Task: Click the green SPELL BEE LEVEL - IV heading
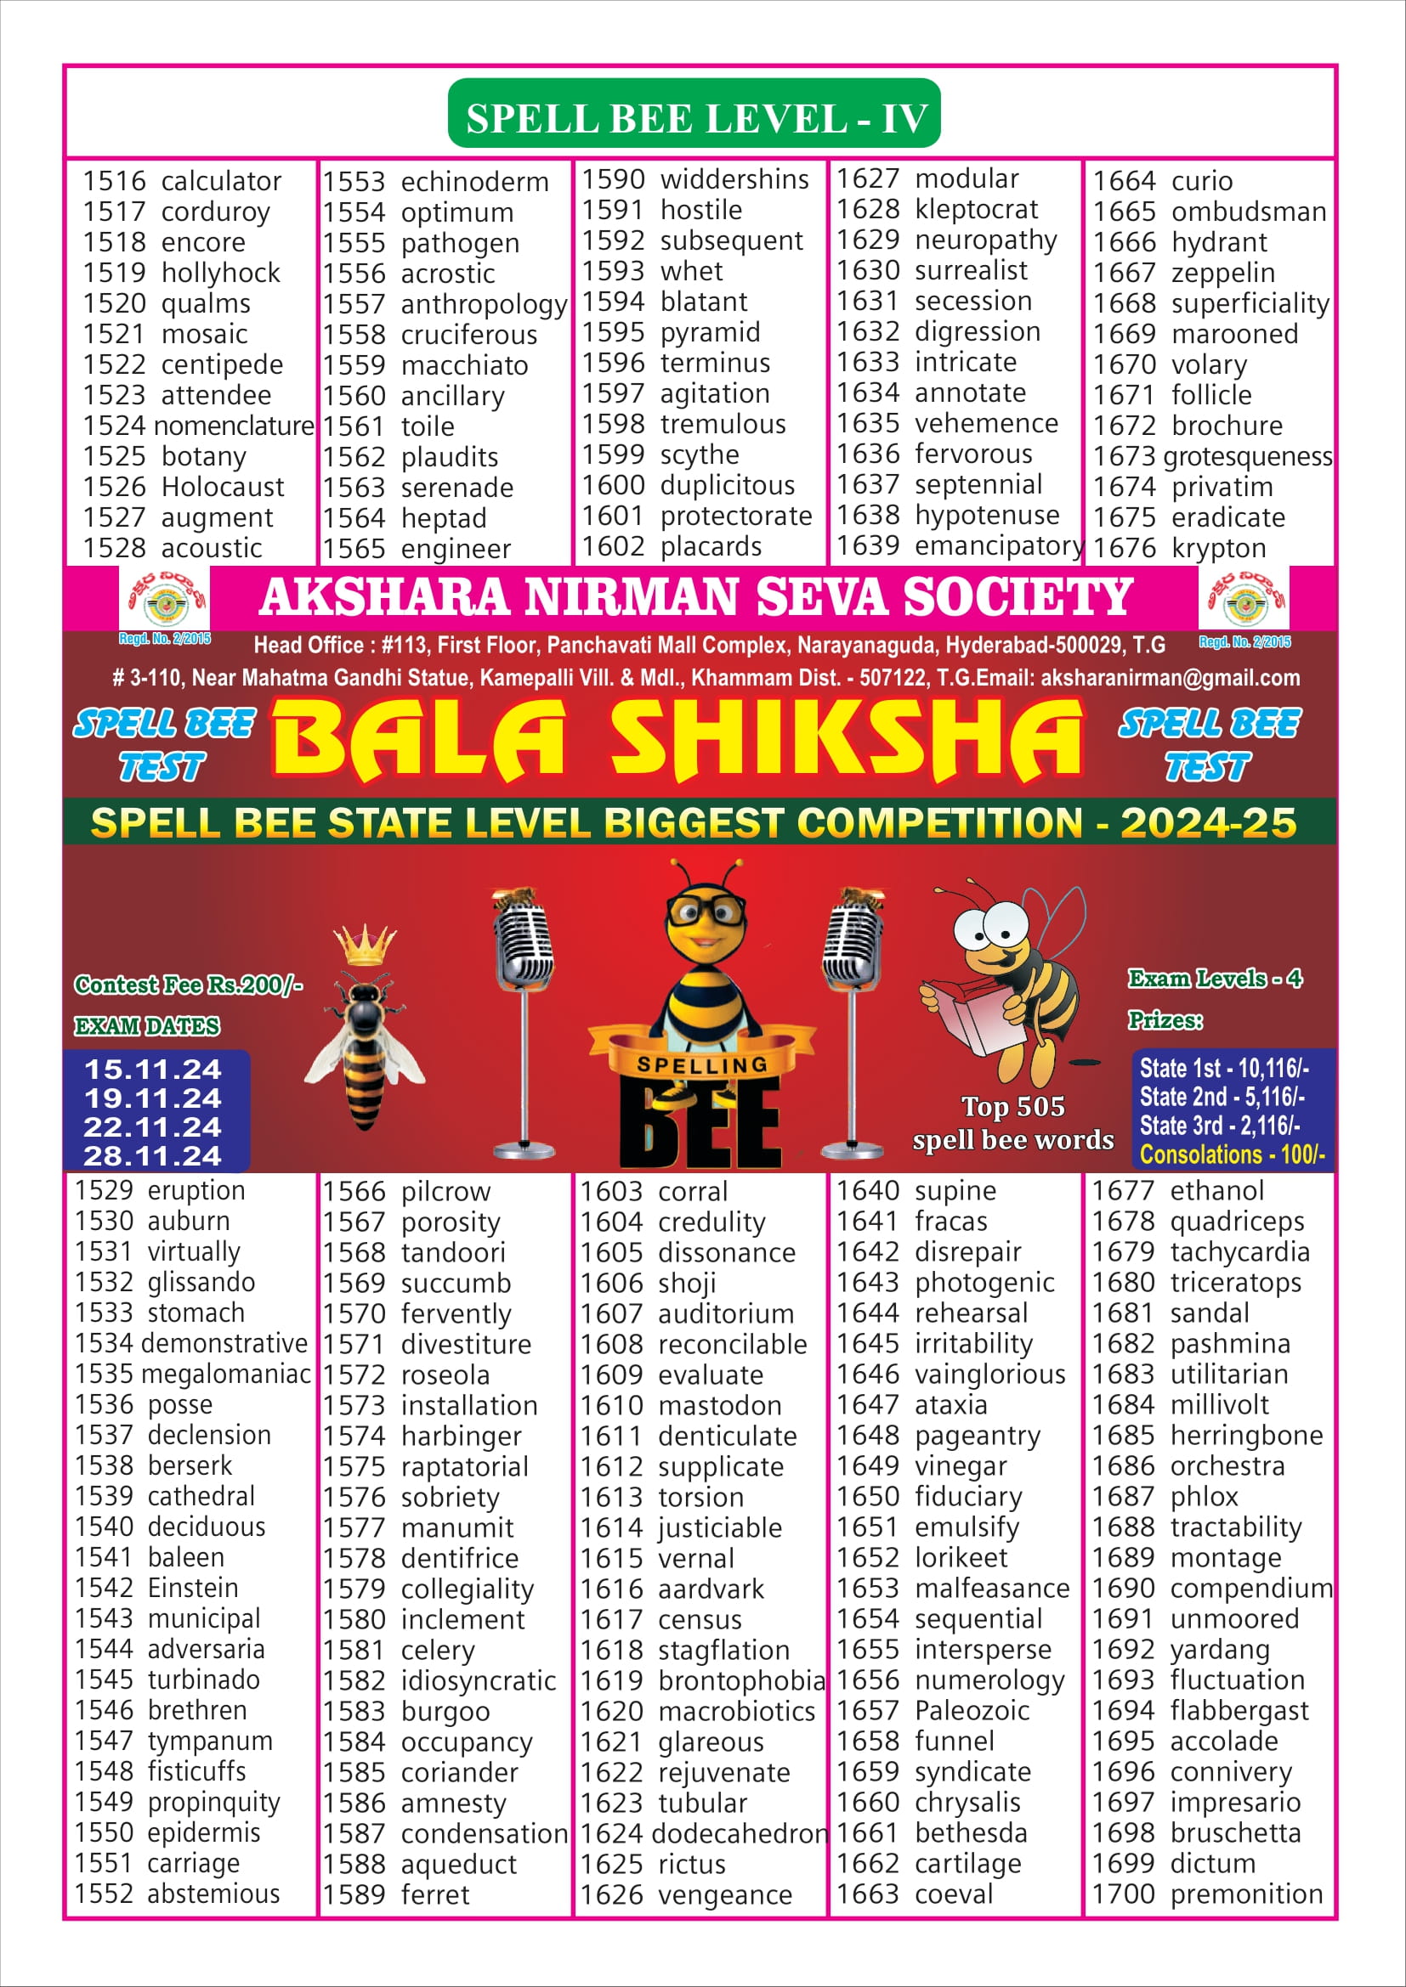pyautogui.click(x=694, y=118)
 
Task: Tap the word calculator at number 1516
pyautogui.click(x=221, y=182)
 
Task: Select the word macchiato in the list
pyautogui.click(x=464, y=366)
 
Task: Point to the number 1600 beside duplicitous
pyautogui.click(x=613, y=486)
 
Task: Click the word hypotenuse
pyautogui.click(x=986, y=516)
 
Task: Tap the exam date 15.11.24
pyautogui.click(x=153, y=1070)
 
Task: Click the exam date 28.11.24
pyautogui.click(x=153, y=1156)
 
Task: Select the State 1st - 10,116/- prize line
pyautogui.click(x=1223, y=1068)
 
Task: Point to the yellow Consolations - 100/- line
pyautogui.click(x=1231, y=1155)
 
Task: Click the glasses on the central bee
pyautogui.click(x=706, y=911)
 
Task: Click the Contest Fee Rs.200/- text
pyautogui.click(x=188, y=985)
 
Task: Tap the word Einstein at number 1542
pyautogui.click(x=192, y=1589)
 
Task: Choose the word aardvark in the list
pyautogui.click(x=711, y=1589)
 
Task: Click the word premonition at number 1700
pyautogui.click(x=1246, y=1894)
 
